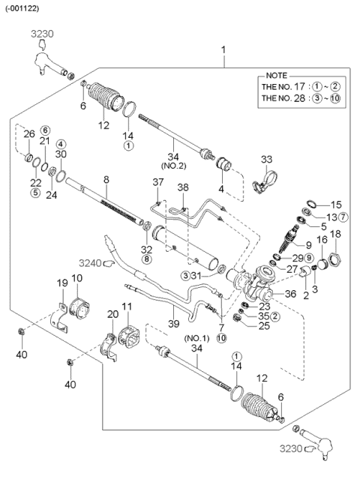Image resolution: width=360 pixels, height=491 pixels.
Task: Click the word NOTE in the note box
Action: [x=276, y=76]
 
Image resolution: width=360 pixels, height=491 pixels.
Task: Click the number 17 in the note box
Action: [x=299, y=86]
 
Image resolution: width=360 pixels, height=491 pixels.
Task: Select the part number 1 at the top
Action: [x=223, y=49]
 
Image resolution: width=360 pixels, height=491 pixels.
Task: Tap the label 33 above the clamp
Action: [x=267, y=159]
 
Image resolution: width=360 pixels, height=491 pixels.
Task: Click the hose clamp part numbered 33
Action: [x=265, y=183]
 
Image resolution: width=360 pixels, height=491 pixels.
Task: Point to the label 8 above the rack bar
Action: [x=106, y=179]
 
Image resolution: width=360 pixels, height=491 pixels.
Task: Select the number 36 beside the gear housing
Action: [x=290, y=293]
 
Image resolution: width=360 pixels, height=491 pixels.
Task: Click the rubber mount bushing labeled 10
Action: [x=79, y=308]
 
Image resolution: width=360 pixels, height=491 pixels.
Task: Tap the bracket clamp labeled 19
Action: [x=59, y=317]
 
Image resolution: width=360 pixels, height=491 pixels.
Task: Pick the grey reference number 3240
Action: [x=90, y=263]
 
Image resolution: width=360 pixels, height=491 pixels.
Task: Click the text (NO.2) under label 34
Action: [x=173, y=166]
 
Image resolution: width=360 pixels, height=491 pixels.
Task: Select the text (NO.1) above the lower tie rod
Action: [x=196, y=338]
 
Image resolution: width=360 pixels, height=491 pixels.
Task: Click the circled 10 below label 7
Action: [x=221, y=338]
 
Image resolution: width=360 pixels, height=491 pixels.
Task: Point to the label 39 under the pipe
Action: [x=174, y=324]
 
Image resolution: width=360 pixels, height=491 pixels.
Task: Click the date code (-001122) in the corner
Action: [x=22, y=8]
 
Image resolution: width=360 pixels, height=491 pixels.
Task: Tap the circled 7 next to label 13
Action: [x=343, y=217]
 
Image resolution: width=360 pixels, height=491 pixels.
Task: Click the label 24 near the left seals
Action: [x=52, y=195]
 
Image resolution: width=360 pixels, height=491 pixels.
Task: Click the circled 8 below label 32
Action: [x=146, y=259]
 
